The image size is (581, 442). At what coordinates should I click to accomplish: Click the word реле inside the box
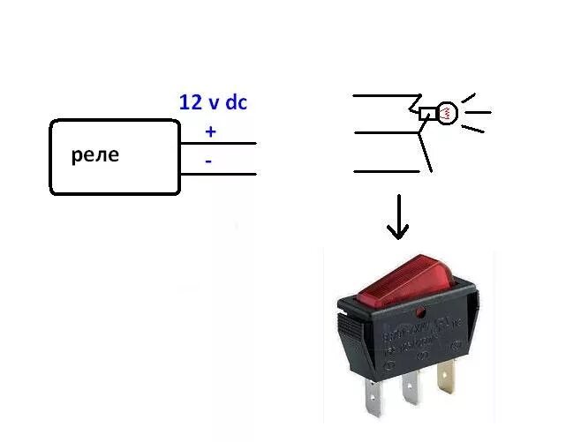point(94,156)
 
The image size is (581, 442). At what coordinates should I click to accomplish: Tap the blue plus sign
point(210,132)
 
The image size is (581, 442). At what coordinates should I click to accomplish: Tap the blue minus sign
point(208,161)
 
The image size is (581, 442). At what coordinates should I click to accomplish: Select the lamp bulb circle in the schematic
point(448,113)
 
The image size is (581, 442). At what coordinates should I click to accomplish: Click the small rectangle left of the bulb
point(428,113)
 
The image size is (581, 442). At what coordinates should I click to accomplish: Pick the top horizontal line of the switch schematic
point(384,95)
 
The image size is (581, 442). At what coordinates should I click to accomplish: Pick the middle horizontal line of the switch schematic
point(384,132)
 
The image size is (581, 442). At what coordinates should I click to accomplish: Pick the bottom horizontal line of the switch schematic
point(384,171)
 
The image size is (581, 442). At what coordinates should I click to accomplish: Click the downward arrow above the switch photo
point(398,221)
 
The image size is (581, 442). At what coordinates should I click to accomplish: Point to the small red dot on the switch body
point(422,311)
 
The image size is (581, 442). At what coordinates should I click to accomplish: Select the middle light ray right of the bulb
point(479,112)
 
